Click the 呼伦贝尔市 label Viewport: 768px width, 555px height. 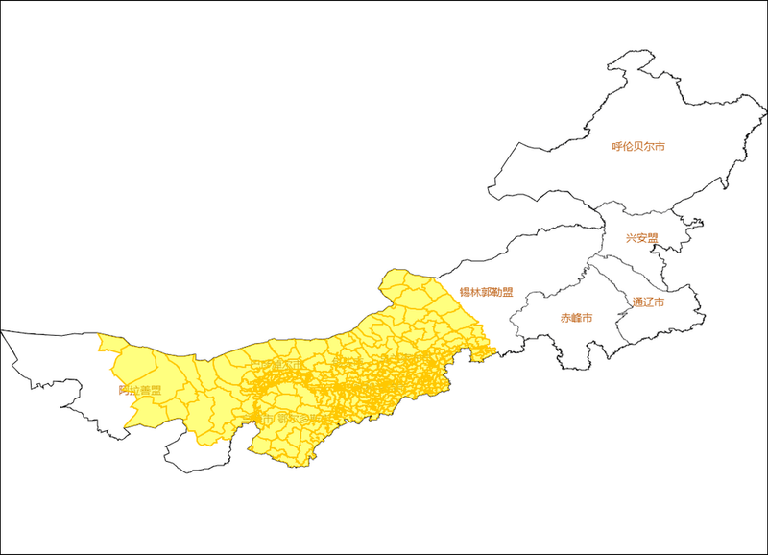(x=638, y=147)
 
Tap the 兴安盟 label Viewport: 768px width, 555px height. (x=642, y=238)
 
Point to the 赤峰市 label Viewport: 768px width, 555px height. (x=576, y=318)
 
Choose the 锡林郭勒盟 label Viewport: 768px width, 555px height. (x=485, y=293)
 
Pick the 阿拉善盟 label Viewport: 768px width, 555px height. (x=140, y=391)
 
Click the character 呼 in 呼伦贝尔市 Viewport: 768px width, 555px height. (x=617, y=147)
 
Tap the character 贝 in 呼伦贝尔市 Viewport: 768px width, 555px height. (x=638, y=147)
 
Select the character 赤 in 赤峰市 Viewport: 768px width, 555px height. (x=565, y=318)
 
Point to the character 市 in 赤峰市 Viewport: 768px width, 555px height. (x=587, y=318)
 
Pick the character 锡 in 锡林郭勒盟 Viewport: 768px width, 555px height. (x=465, y=293)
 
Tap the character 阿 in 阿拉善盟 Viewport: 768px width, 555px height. (x=124, y=391)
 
